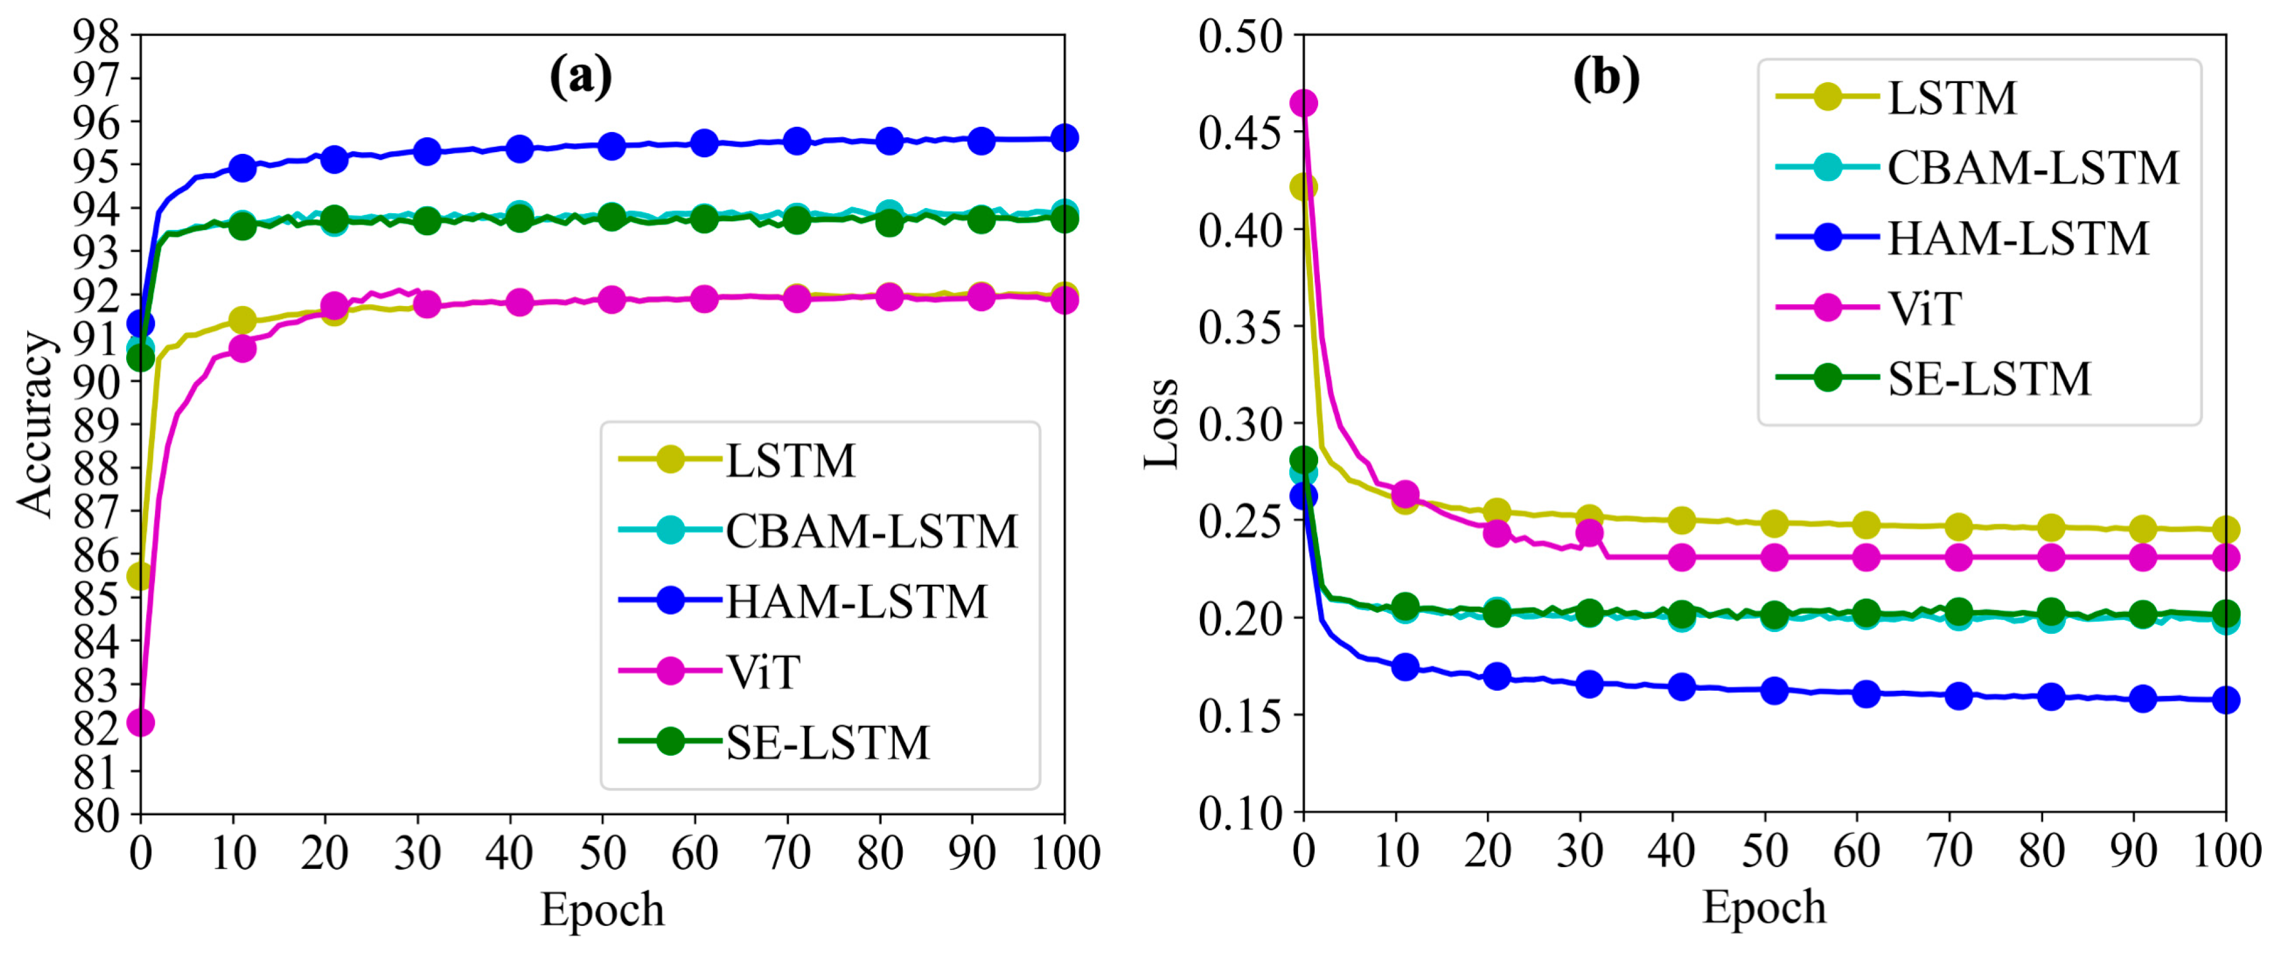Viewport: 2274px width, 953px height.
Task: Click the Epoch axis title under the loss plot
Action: (1764, 907)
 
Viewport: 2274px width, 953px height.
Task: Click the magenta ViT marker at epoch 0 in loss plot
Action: (1304, 103)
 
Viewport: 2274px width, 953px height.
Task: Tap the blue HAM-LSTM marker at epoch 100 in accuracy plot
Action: (1065, 138)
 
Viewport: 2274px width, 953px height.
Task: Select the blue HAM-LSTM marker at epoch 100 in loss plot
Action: (2226, 699)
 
